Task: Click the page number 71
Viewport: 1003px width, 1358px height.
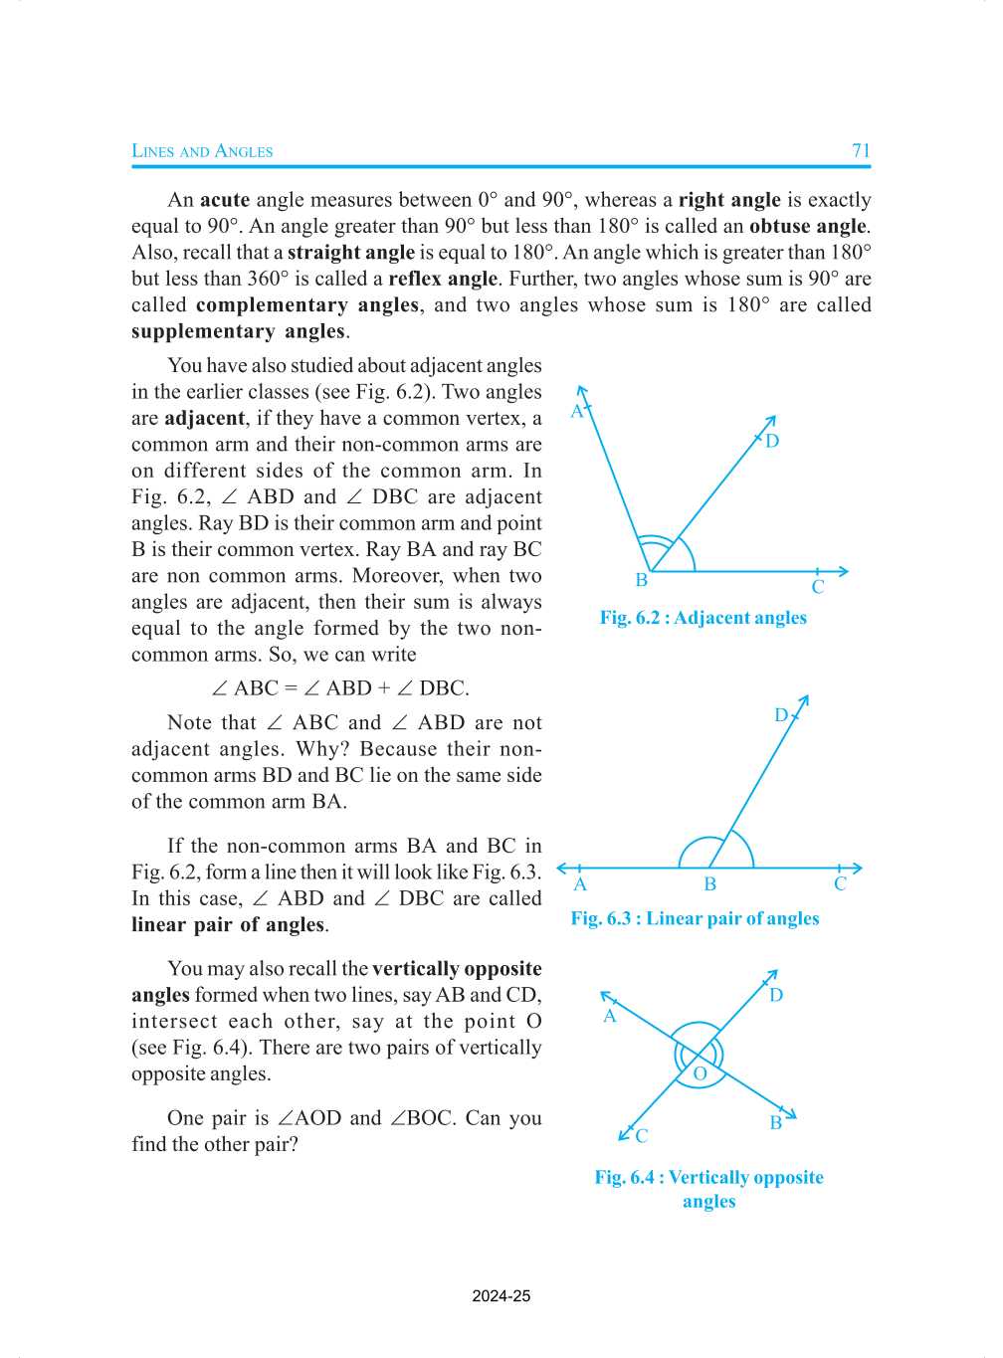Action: [x=861, y=151]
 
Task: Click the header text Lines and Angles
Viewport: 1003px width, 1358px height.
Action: [x=202, y=151]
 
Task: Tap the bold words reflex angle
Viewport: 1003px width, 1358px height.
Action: [x=443, y=279]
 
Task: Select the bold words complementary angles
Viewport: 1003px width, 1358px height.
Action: [x=306, y=305]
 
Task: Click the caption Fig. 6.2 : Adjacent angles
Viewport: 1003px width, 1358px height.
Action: [x=702, y=618]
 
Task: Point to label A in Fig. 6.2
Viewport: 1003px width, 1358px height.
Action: [x=576, y=411]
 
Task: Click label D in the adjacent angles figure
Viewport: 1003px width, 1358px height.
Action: [x=772, y=441]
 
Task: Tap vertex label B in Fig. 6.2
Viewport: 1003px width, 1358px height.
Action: [x=642, y=580]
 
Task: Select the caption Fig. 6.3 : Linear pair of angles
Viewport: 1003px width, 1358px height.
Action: [x=695, y=918]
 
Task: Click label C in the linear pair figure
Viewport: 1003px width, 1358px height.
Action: [x=840, y=884]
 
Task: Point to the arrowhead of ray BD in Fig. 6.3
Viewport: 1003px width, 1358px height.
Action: [x=804, y=701]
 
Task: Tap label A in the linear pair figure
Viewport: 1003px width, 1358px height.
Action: [x=580, y=884]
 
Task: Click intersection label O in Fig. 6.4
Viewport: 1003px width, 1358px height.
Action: [x=700, y=1073]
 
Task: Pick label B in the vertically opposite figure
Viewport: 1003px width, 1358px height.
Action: [x=775, y=1123]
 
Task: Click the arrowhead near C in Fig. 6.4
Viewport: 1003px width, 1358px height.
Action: [x=624, y=1134]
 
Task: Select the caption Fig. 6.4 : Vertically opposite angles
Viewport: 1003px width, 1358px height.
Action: [x=708, y=1189]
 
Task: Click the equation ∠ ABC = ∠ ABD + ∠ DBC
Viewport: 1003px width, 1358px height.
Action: [x=340, y=688]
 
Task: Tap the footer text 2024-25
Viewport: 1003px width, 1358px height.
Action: [x=501, y=1296]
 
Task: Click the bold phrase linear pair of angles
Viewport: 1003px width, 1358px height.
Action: [x=228, y=925]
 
